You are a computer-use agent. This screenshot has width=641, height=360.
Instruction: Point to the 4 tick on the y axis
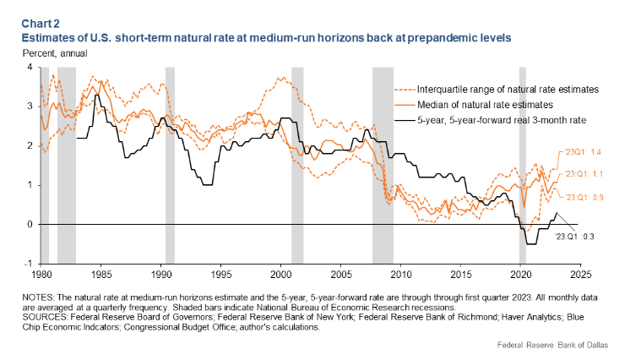30,67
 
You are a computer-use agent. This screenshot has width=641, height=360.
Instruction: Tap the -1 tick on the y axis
28,264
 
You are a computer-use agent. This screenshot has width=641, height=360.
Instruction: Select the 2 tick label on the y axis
30,145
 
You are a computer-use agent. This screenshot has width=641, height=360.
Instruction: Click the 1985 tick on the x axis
100,275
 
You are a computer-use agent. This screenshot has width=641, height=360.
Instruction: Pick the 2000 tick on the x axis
280,275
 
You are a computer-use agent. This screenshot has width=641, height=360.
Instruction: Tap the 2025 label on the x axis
580,275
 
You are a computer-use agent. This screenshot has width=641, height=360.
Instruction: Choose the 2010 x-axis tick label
400,275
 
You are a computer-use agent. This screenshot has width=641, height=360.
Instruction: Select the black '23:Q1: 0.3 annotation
575,237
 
